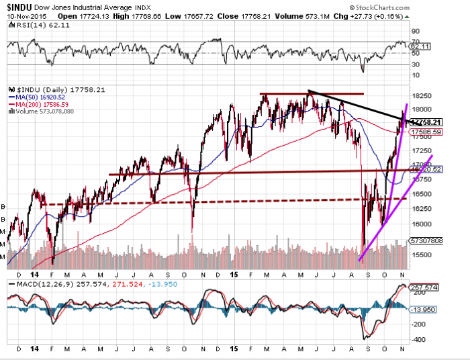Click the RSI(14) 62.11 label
31,24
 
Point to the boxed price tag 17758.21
426,122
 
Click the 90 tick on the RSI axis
415,31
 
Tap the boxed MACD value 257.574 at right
426,287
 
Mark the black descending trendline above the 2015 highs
356,105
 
